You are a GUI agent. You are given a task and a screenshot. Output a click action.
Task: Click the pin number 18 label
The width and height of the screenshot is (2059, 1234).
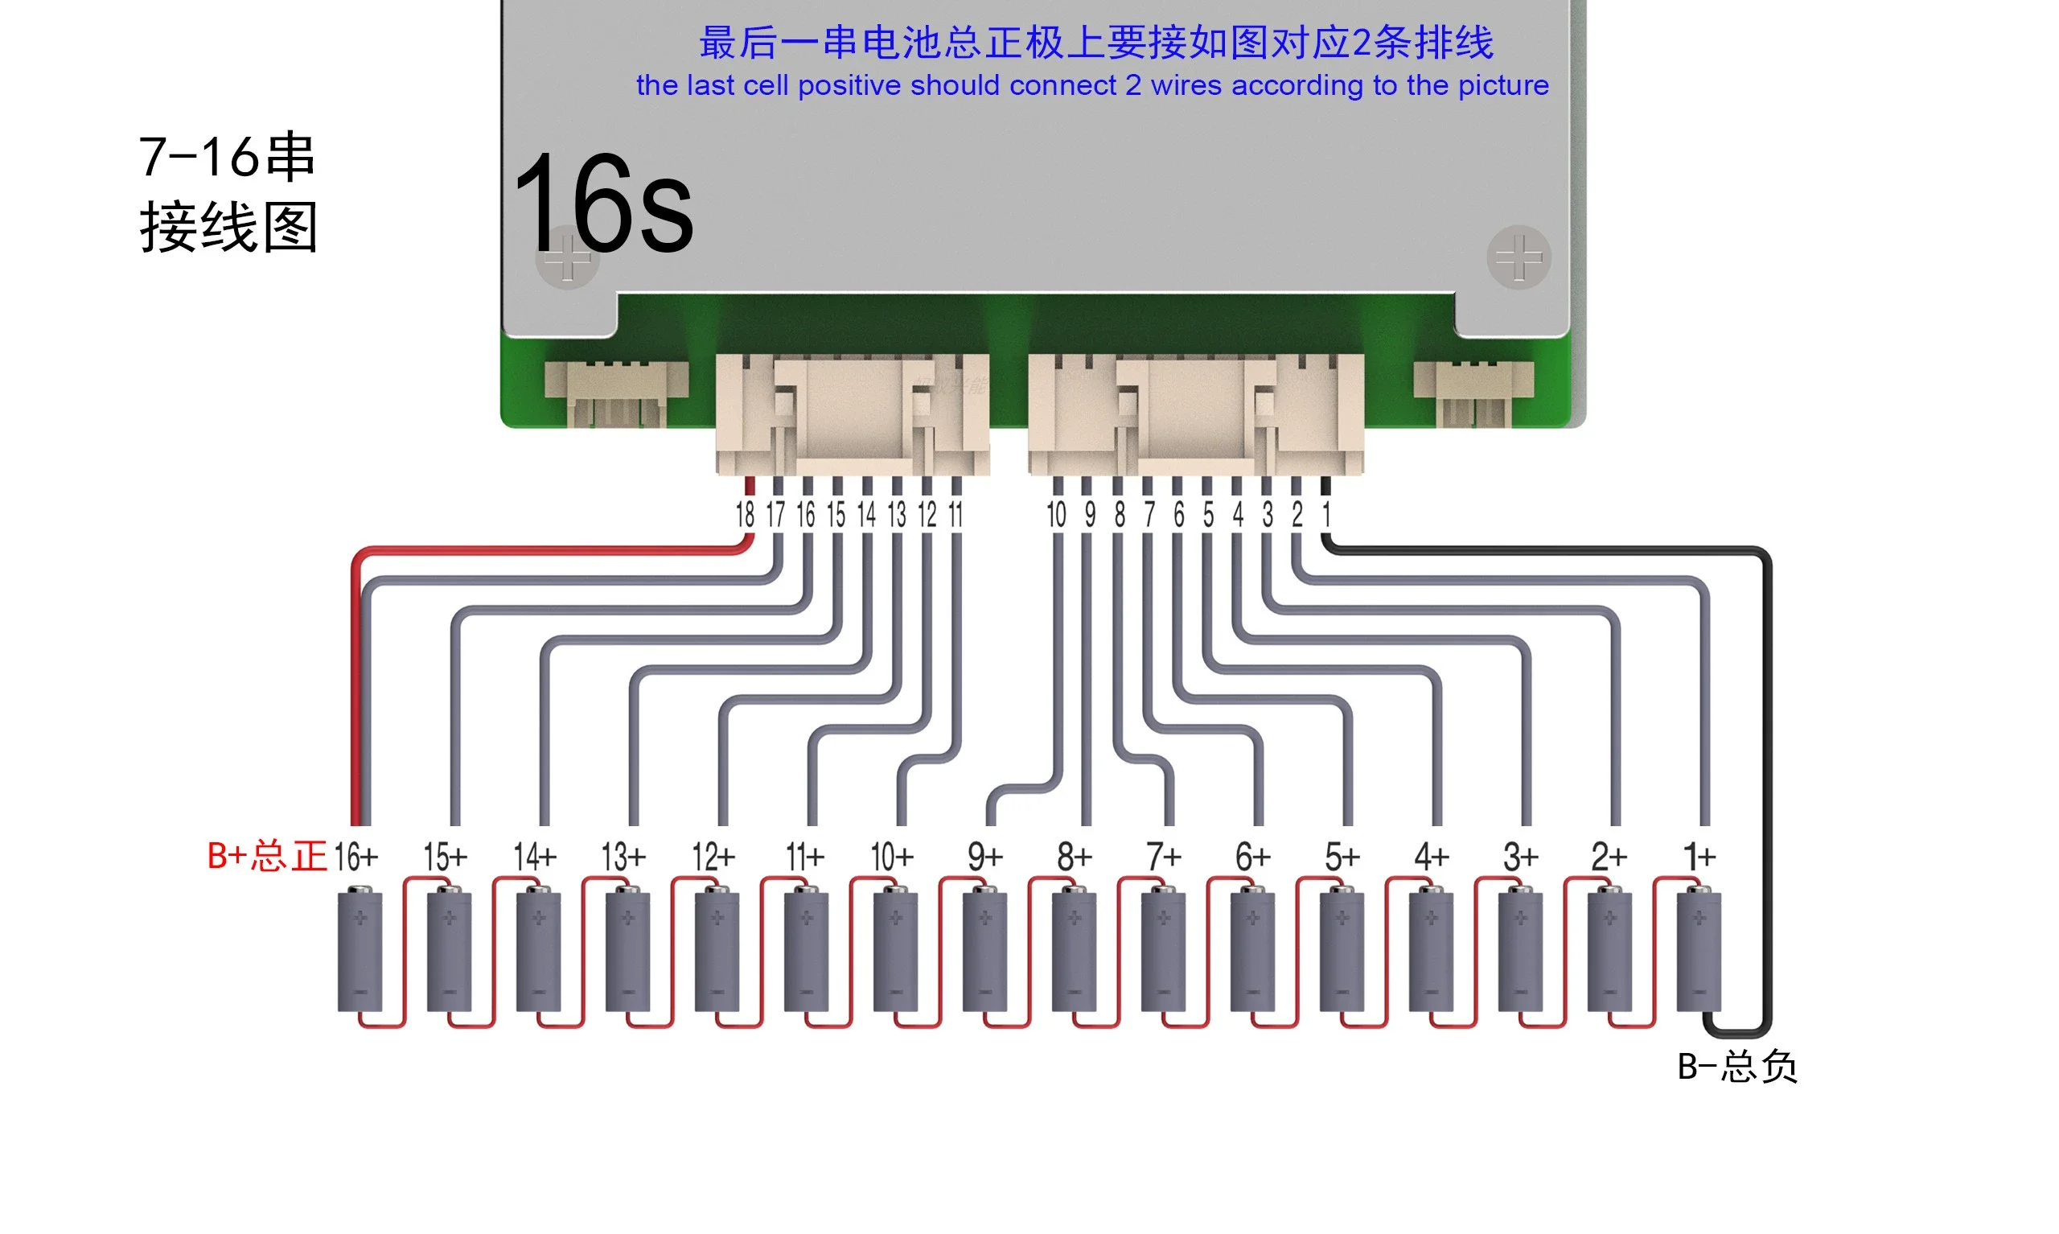(745, 515)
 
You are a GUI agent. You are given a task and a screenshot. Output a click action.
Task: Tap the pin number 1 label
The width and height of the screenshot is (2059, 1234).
(1326, 515)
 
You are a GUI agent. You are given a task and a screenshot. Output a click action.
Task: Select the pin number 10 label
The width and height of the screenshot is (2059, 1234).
(1056, 515)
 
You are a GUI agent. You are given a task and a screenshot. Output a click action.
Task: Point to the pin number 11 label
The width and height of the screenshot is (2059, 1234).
(956, 515)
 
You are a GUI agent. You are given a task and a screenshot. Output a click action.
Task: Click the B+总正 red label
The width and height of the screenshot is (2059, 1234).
(266, 857)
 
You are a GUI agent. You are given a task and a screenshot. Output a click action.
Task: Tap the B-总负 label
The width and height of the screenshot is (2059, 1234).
(1736, 1067)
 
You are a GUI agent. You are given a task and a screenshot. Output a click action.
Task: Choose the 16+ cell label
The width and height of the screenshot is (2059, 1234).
(355, 857)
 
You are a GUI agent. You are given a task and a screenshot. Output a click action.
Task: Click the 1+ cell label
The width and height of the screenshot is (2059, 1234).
(1698, 857)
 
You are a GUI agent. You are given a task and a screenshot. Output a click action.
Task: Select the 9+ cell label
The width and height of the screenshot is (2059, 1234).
(985, 857)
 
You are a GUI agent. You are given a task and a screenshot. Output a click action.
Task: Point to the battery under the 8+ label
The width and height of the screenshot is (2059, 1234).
(1074, 951)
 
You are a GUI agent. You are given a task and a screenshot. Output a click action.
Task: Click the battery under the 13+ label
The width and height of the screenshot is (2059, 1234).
(627, 951)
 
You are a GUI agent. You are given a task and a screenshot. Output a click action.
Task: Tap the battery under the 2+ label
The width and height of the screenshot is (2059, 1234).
(1609, 951)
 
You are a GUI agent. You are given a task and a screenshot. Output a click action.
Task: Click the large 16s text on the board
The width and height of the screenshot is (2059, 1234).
(603, 204)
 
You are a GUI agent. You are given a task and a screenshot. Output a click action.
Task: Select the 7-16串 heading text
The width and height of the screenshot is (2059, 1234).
(226, 156)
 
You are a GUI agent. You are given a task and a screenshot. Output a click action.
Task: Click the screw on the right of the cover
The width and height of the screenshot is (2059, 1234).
(1518, 257)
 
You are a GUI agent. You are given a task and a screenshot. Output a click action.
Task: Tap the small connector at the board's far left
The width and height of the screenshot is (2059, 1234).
(616, 393)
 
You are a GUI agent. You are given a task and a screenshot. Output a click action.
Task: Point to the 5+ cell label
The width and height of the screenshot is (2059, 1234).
(1342, 857)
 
